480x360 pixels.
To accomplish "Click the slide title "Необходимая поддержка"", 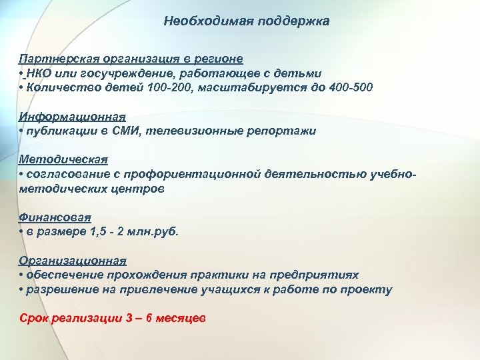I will pyautogui.click(x=247, y=22).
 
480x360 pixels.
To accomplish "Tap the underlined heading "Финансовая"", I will pyautogui.click(x=55, y=217).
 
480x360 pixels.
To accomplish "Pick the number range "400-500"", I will pyautogui.click(x=351, y=87).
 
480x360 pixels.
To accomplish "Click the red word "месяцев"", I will pyautogui.click(x=179, y=318).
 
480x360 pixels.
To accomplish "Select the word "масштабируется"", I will pyautogui.click(x=235, y=87).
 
